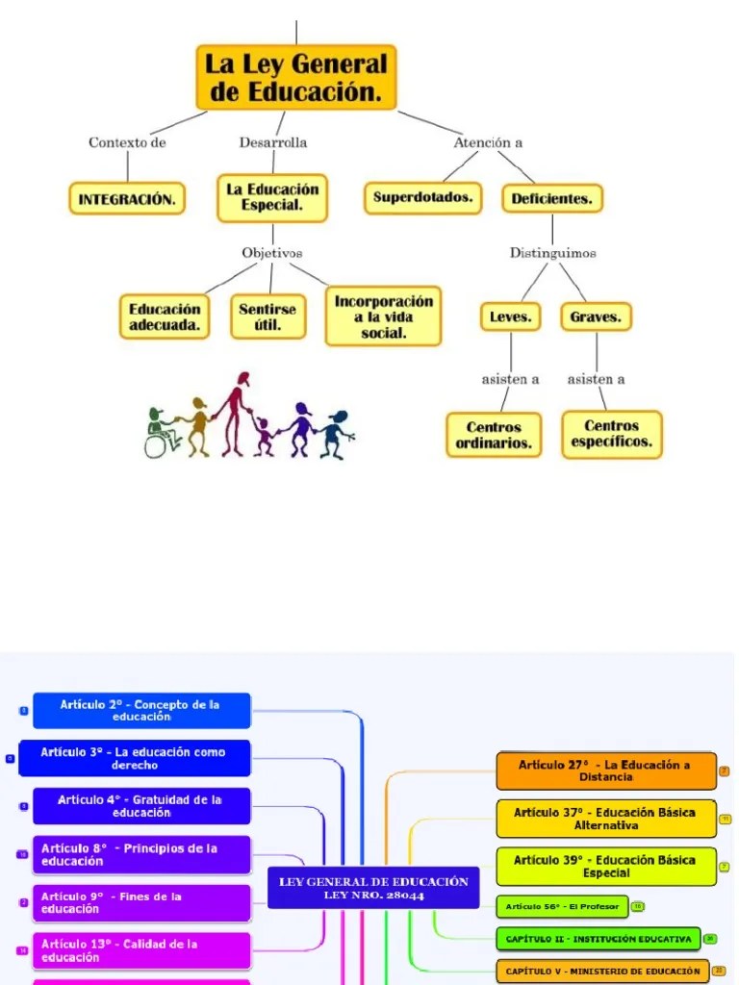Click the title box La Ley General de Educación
pyautogui.click(x=295, y=78)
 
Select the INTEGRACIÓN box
pyautogui.click(x=127, y=199)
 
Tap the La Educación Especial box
pyautogui.click(x=272, y=197)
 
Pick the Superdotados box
pyautogui.click(x=422, y=198)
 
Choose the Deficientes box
pyautogui.click(x=551, y=199)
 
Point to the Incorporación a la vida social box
pyautogui.click(x=383, y=316)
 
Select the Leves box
pyautogui.click(x=510, y=316)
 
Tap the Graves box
pyautogui.click(x=596, y=316)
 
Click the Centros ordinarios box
pyautogui.click(x=494, y=435)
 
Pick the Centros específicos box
pyautogui.click(x=611, y=434)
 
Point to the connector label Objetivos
pyautogui.click(x=272, y=253)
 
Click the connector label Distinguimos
pyautogui.click(x=552, y=253)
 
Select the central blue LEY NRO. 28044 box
pyautogui.click(x=373, y=888)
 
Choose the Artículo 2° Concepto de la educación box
pyautogui.click(x=141, y=711)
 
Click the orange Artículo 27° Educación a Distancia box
pyautogui.click(x=606, y=770)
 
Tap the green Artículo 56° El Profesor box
pyautogui.click(x=562, y=906)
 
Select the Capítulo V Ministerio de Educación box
pyautogui.click(x=602, y=972)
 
